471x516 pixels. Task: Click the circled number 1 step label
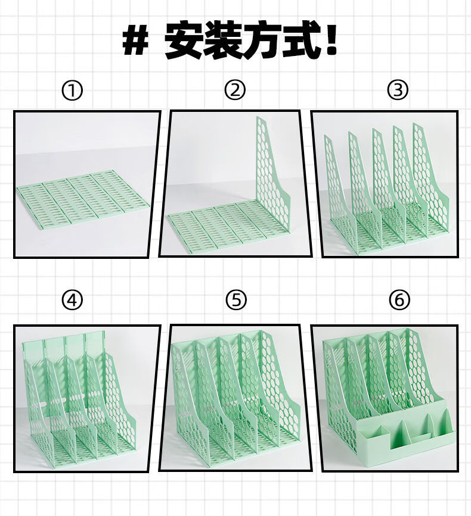72,91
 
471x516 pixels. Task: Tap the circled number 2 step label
235,90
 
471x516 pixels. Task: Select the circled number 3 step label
398,90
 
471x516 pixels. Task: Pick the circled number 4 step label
72,300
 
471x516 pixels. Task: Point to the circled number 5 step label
236,300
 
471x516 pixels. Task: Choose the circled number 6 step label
399,300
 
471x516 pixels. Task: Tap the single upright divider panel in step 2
271,171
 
